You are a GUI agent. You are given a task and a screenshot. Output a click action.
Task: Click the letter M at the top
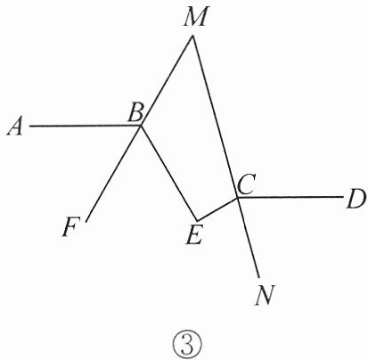[194, 18]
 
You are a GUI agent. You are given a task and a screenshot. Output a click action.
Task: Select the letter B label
[136, 112]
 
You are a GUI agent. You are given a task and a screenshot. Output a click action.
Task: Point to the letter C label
[246, 184]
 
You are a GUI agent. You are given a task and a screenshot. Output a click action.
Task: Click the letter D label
[356, 200]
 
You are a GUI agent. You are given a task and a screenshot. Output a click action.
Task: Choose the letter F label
[70, 227]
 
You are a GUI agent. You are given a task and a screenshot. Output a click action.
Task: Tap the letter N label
[266, 295]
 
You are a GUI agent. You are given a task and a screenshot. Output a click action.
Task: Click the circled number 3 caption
[187, 346]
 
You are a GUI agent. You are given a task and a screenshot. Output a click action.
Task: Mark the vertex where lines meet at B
[141, 126]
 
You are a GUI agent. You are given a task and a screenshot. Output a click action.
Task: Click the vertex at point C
[237, 197]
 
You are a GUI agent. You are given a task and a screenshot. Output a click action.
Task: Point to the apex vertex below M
[192, 36]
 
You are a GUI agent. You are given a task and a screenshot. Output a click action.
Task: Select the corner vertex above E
[197, 220]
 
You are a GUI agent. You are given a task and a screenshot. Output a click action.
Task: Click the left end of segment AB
[29, 127]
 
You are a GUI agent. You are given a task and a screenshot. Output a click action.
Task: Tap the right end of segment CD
[342, 197]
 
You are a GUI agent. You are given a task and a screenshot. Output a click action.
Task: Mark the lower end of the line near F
[86, 222]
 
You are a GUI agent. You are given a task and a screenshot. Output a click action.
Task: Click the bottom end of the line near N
[259, 278]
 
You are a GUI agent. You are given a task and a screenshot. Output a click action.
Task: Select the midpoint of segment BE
[168, 173]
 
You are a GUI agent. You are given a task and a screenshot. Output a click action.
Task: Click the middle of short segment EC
[217, 209]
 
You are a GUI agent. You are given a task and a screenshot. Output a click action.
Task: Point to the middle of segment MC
[215, 117]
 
